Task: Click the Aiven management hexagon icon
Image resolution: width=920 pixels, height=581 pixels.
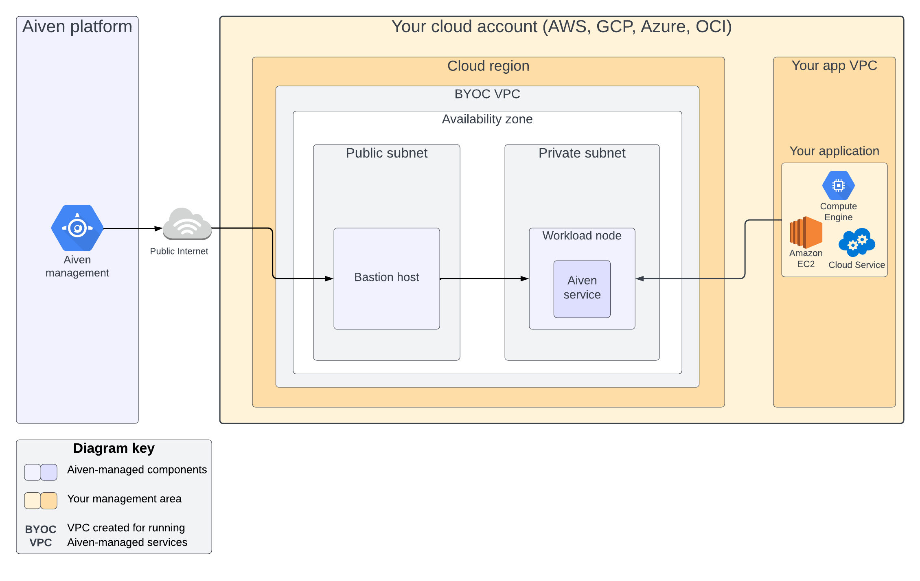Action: (77, 228)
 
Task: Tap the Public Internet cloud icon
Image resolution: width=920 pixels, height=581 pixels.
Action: (187, 224)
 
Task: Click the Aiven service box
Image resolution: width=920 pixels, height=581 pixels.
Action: (582, 288)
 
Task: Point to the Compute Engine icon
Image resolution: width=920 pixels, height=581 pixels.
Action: (838, 186)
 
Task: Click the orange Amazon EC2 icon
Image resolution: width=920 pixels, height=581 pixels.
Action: (806, 232)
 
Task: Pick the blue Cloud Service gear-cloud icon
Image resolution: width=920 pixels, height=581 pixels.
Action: (856, 242)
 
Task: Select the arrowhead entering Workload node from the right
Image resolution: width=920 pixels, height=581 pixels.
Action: (640, 279)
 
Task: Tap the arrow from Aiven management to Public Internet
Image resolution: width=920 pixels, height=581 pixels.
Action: (132, 229)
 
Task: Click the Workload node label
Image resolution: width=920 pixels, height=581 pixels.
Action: (582, 236)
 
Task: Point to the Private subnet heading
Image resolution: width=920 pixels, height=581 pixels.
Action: (582, 153)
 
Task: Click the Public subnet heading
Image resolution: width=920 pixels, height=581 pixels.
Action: (386, 153)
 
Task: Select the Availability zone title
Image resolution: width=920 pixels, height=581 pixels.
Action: (487, 119)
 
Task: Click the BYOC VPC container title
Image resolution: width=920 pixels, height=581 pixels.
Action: (487, 94)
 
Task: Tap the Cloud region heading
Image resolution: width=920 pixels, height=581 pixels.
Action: (488, 66)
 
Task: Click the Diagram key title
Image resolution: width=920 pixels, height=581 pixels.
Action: (114, 448)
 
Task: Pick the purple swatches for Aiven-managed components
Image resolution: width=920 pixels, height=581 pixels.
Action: (41, 472)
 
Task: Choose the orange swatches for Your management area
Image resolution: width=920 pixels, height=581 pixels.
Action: (41, 501)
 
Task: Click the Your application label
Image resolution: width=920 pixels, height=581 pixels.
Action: (834, 151)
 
